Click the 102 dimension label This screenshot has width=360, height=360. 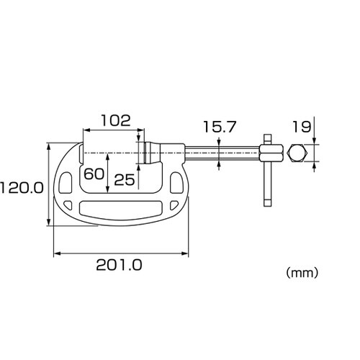click(x=116, y=120)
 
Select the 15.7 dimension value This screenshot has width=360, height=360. click(x=220, y=127)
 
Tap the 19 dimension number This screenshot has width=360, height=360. click(x=302, y=127)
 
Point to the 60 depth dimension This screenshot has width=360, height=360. click(x=94, y=174)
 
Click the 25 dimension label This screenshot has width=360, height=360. click(x=125, y=180)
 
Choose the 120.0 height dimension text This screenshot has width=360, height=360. click(x=22, y=188)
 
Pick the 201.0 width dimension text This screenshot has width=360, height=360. click(x=119, y=265)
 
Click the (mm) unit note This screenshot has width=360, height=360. click(x=302, y=273)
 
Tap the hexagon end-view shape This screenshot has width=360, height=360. click(x=297, y=153)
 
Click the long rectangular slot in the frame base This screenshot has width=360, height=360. click(x=120, y=208)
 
